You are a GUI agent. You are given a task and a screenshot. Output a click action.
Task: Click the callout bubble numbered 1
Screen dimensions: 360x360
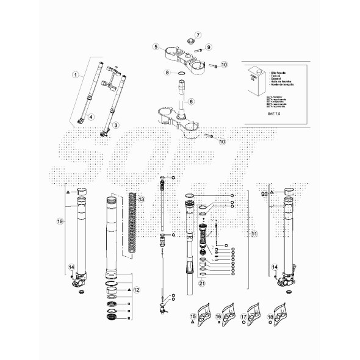76,75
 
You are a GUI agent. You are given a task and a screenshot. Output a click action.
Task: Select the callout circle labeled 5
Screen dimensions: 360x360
156,46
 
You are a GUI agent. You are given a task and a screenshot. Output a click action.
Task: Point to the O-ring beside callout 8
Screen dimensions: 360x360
181,73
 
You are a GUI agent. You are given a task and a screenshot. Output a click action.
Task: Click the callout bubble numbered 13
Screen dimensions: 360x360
141,200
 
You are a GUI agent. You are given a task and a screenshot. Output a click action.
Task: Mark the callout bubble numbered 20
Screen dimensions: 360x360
264,193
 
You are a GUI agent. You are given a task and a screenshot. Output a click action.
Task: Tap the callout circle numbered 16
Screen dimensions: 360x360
218,317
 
